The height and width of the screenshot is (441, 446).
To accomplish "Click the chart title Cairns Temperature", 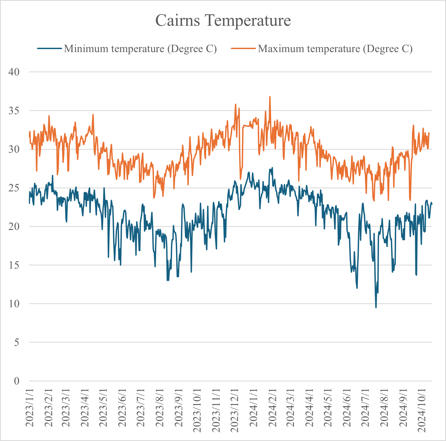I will pos(223,20).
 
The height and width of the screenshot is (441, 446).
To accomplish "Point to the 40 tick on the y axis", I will pos(14,72).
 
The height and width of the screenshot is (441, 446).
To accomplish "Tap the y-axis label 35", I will pos(14,111).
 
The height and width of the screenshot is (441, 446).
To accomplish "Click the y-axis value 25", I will pos(14,188).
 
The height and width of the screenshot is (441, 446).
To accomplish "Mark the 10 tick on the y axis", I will pos(14,304).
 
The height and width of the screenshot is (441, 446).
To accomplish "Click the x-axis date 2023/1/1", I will pos(30,408).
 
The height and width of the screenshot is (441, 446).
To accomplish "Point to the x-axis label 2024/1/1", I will pos(254,408).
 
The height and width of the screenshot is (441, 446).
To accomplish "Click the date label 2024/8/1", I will pos(384,408).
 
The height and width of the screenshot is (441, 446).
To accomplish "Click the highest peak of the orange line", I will pos(270,97).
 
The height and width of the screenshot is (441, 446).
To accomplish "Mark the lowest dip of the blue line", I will pos(376,307).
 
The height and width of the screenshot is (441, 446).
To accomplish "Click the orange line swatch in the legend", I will pos(243,49).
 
